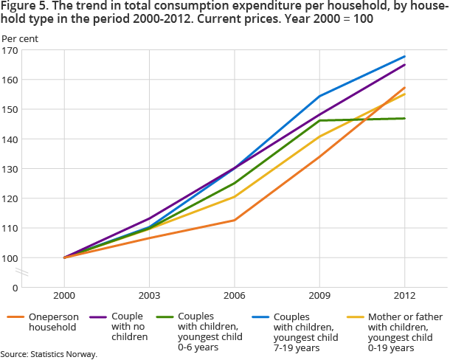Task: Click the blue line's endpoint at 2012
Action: point(405,57)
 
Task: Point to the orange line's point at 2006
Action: point(235,220)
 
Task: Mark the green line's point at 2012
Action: point(405,118)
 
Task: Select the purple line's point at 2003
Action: point(150,218)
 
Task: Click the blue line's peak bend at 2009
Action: point(319,96)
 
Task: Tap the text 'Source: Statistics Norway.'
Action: point(49,354)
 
